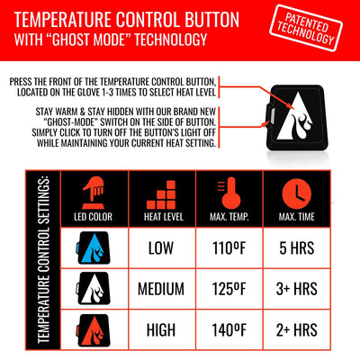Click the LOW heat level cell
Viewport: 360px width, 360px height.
163,246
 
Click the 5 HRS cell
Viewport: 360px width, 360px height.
295,246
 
